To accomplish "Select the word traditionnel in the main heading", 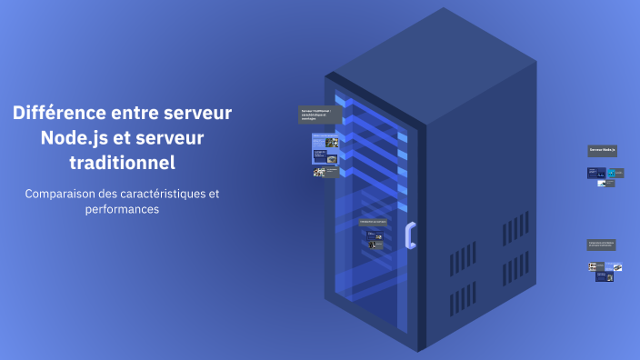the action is tap(122, 164).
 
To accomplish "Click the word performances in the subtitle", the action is tap(122, 209).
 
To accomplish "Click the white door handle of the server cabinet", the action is tap(411, 235).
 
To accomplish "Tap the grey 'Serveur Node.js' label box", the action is tap(602, 149).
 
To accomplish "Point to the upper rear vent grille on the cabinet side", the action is tap(515, 228).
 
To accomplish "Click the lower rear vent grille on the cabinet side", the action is tap(515, 285).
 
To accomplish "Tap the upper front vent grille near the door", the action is tap(462, 260).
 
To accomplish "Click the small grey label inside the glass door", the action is tap(373, 221).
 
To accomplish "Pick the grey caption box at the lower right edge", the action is tap(602, 244).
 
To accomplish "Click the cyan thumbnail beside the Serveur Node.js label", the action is tap(613, 172).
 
